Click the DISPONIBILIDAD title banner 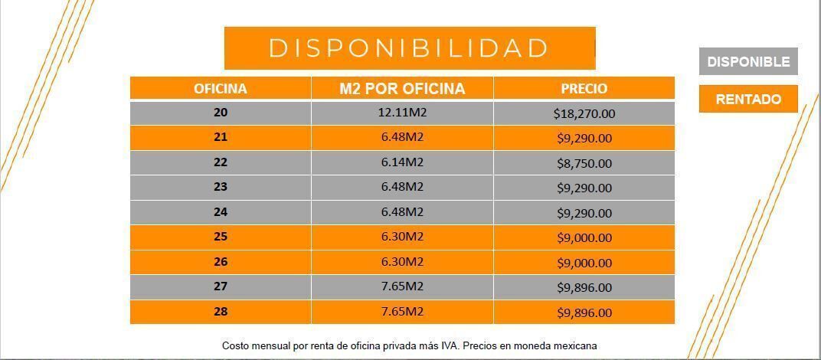click(x=409, y=47)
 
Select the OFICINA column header click(x=221, y=89)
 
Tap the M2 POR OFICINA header click(x=402, y=89)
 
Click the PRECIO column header click(x=584, y=89)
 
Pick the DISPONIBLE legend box click(x=747, y=62)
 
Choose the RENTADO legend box click(x=747, y=100)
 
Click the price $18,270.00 click(x=584, y=113)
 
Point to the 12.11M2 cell click(x=402, y=113)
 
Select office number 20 click(x=221, y=113)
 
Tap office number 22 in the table click(x=221, y=162)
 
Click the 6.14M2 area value click(x=402, y=162)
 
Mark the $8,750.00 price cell click(x=584, y=163)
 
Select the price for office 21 click(x=584, y=139)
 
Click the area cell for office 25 click(x=402, y=237)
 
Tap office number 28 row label click(x=221, y=312)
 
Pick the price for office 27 click(x=584, y=287)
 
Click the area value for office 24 click(x=402, y=212)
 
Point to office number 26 click(x=221, y=262)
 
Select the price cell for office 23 click(x=584, y=188)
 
